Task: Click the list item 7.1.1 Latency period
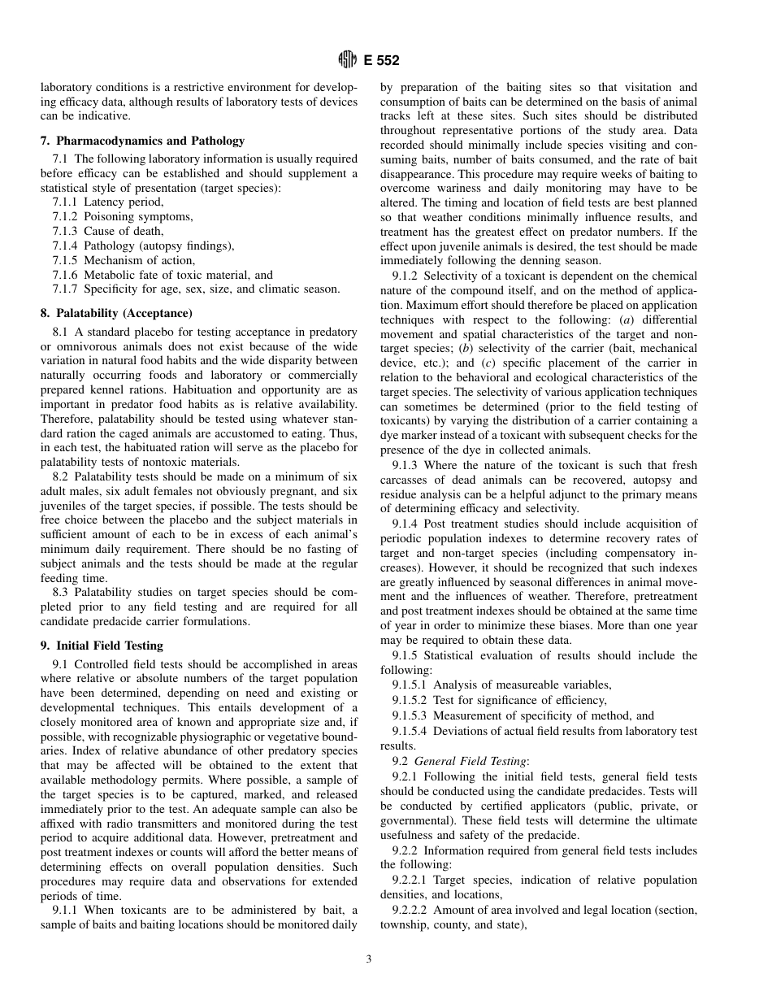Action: pos(107,202)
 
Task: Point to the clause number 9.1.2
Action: pos(405,276)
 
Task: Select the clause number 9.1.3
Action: pos(405,465)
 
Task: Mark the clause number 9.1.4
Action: pos(405,524)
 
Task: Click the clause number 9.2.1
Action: pos(405,776)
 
